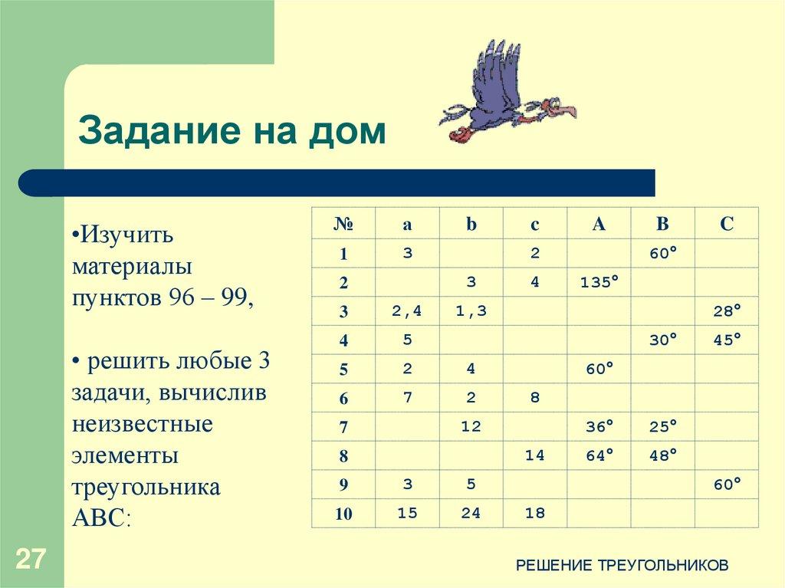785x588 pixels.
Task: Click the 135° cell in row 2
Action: pos(599,282)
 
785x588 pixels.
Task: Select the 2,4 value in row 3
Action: pos(407,310)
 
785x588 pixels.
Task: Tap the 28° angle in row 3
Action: pos(727,310)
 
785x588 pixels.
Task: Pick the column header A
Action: pos(599,224)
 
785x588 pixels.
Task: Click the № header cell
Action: pos(343,224)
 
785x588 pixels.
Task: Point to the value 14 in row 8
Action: pos(534,455)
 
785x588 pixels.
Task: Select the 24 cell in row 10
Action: pos(471,513)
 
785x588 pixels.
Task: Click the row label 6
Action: pos(343,399)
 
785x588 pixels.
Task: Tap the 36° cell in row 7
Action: pos(599,426)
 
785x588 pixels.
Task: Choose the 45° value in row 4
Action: pos(727,340)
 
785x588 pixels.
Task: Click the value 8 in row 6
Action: pos(534,398)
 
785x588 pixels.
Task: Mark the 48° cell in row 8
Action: pos(663,455)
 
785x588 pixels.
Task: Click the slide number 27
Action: pos(31,558)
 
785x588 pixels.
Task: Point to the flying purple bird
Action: pos(506,96)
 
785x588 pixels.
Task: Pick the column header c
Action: pos(534,224)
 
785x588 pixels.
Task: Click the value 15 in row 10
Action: pos(407,513)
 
